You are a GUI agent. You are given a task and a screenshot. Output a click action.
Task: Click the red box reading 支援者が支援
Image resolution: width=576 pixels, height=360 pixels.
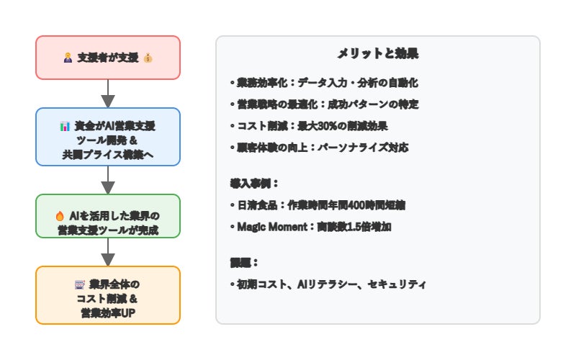tap(108, 58)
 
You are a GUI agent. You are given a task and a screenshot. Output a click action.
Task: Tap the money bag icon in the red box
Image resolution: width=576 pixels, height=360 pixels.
tap(148, 58)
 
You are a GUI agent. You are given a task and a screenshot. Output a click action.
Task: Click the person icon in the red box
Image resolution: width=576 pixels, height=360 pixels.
tap(68, 58)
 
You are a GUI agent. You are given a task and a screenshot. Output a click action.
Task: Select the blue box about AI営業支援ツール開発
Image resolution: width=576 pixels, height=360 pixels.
tap(108, 137)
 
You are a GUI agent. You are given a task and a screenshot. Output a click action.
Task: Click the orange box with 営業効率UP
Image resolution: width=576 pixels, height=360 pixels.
tap(108, 295)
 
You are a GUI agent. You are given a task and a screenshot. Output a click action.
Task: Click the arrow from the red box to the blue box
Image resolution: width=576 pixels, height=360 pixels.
tap(108, 93)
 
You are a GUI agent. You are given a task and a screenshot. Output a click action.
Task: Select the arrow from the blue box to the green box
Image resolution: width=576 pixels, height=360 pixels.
tap(108, 179)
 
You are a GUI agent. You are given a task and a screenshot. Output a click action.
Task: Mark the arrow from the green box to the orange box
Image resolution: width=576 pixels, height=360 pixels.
tap(108, 252)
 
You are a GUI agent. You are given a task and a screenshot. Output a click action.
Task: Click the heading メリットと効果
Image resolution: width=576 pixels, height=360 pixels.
tap(378, 54)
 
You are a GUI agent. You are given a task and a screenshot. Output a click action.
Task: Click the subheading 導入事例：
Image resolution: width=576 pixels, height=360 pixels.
tap(252, 184)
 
